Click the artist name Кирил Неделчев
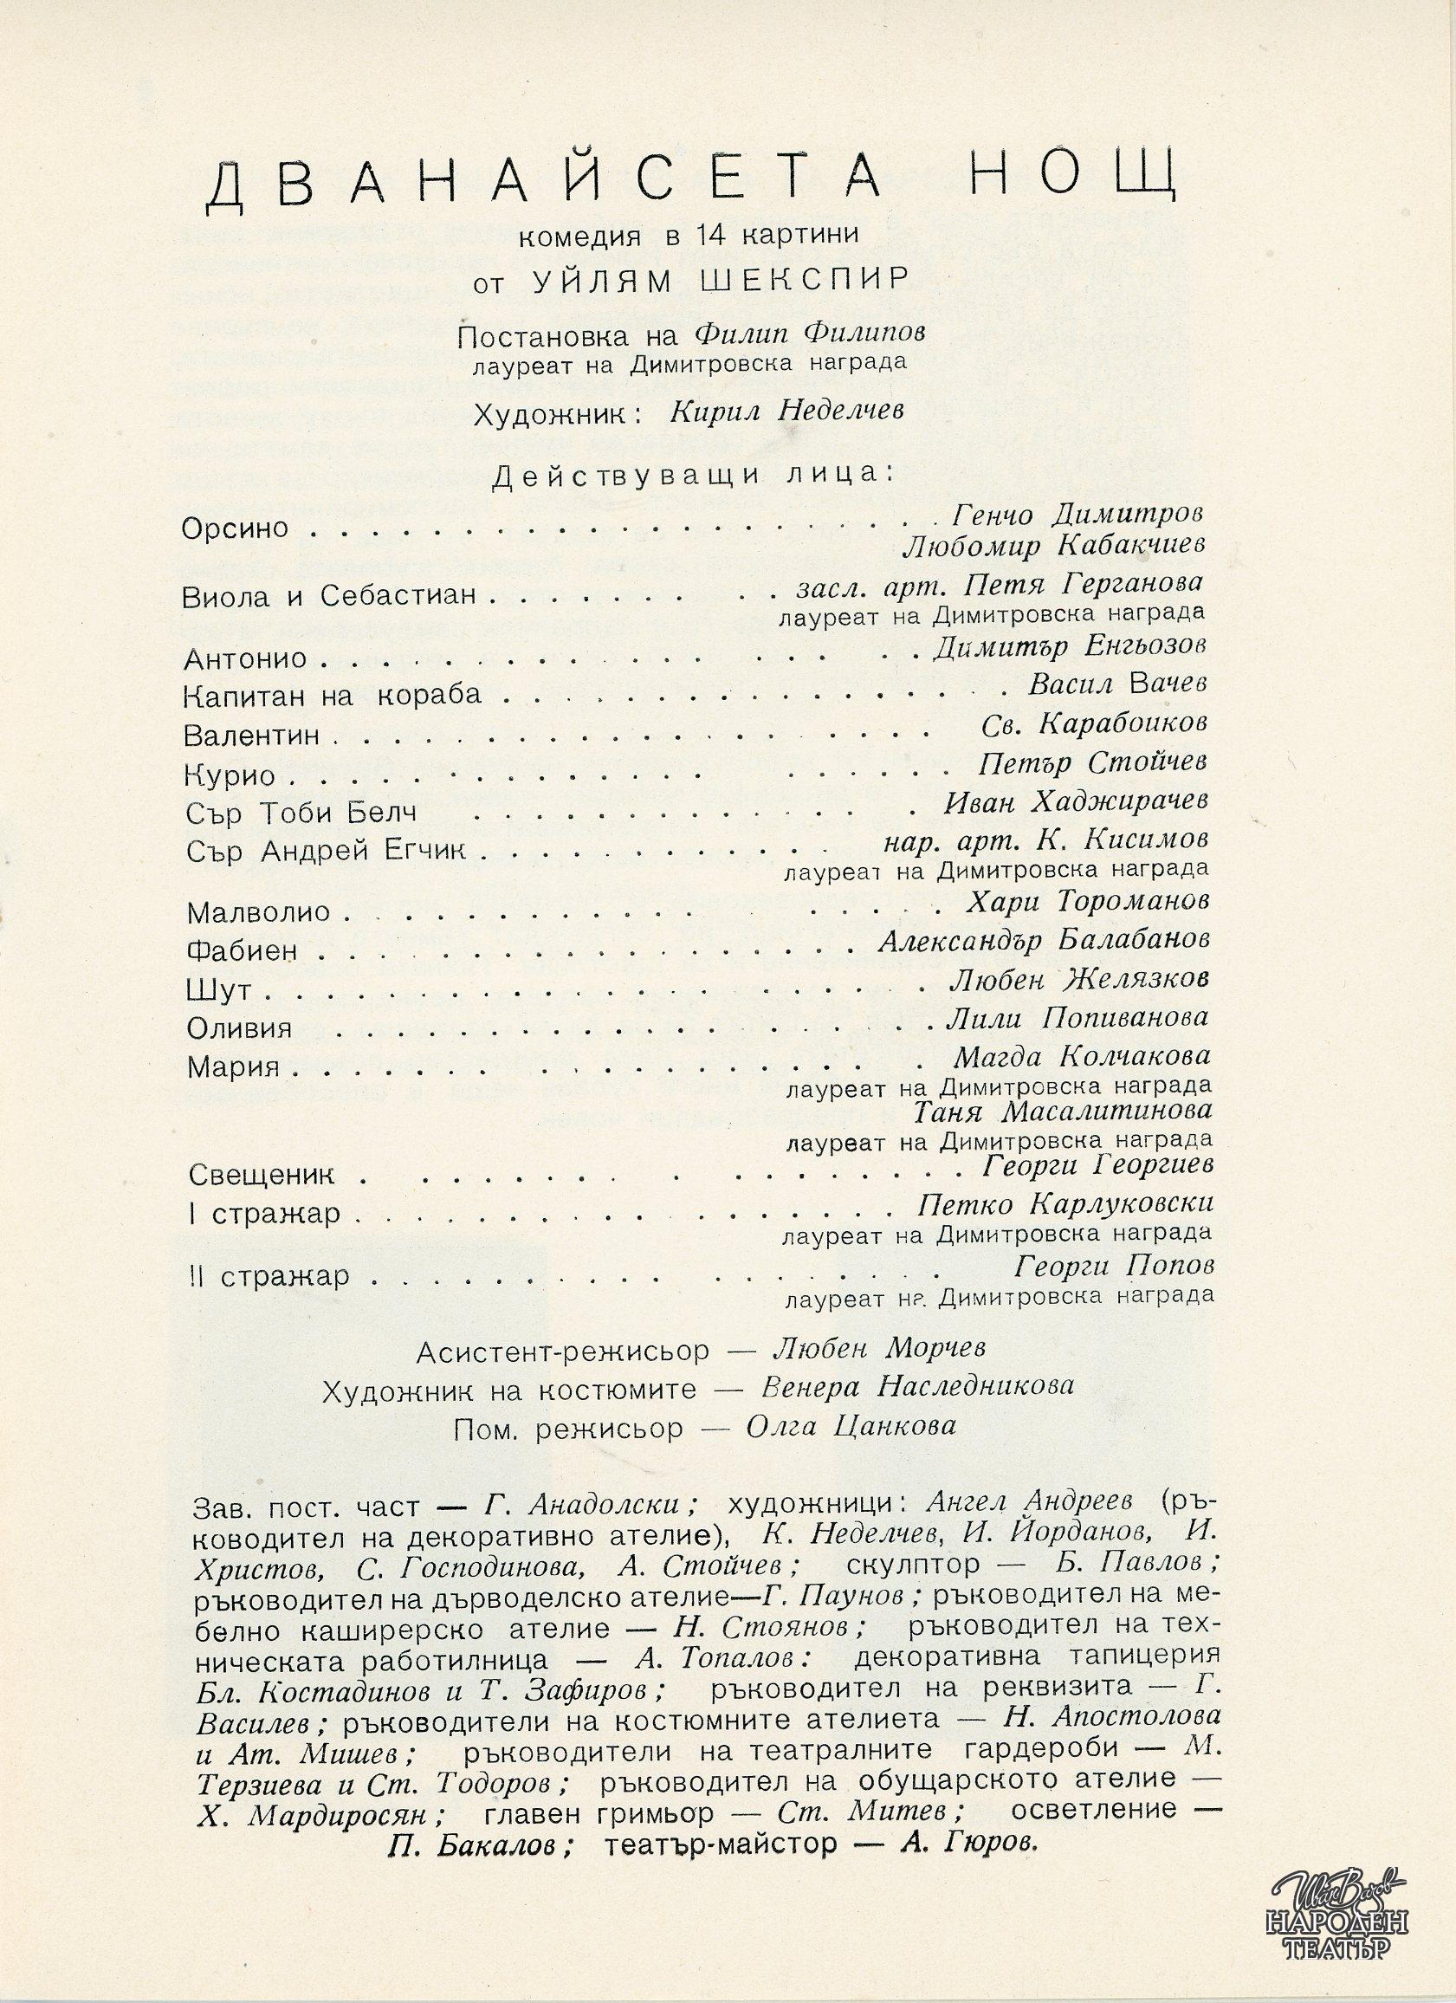click(x=787, y=412)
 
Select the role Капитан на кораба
click(x=333, y=696)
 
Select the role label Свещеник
click(x=262, y=1176)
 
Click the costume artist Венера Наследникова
click(x=918, y=1386)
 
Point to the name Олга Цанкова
click(x=851, y=1427)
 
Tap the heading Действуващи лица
click(x=685, y=475)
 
